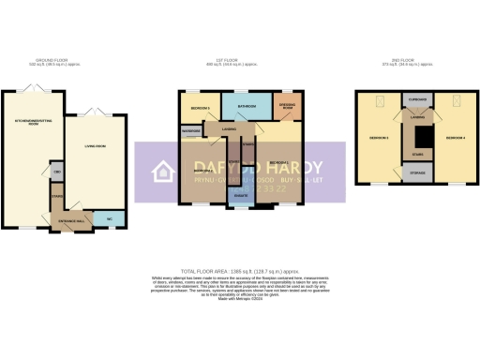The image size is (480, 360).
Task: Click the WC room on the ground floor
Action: pos(111,219)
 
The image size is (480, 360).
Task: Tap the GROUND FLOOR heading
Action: pos(65,60)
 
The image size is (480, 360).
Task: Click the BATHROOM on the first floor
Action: pos(247,106)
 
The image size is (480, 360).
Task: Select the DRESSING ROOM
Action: pos(288,106)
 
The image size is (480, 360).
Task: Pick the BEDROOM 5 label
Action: pos(198,109)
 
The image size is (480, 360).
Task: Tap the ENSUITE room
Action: pos(242,195)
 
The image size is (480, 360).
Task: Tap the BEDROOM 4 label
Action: pos(455,138)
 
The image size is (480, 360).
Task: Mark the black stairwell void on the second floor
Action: pos(415,138)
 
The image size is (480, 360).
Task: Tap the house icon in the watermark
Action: pos(165,171)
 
